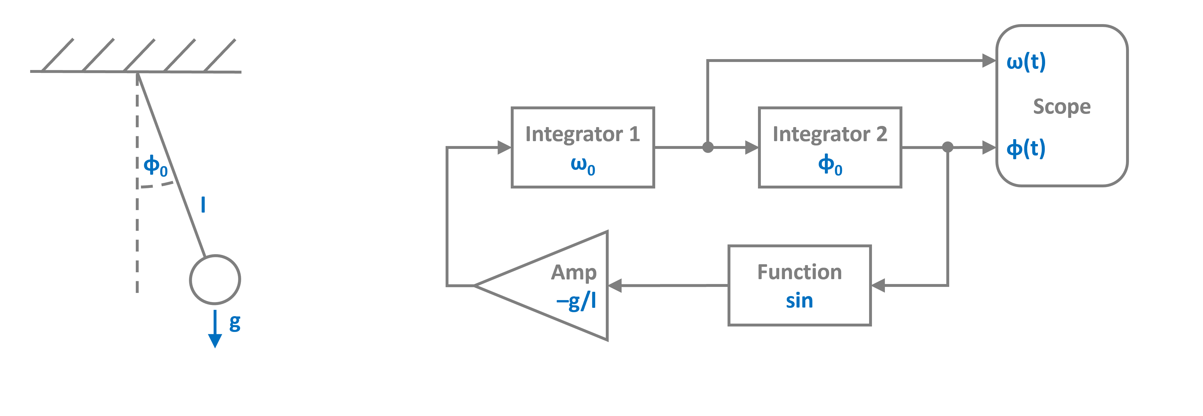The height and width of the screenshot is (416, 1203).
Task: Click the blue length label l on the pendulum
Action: (x=203, y=205)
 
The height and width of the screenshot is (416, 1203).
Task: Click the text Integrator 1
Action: (x=582, y=135)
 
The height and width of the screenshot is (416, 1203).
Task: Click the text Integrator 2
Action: (x=830, y=135)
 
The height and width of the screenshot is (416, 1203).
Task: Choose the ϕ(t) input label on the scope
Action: (x=1026, y=149)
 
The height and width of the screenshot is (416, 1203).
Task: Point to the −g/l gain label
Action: (x=576, y=302)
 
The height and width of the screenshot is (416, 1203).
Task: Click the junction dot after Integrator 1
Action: (x=708, y=147)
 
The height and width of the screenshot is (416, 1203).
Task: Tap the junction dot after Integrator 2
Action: (x=947, y=147)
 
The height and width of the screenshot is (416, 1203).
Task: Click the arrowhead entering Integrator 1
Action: (x=504, y=147)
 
